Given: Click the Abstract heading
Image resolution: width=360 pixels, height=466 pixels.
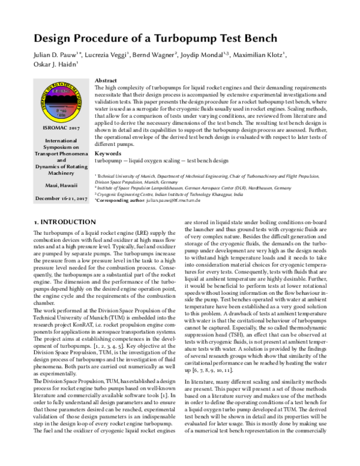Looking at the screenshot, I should point(107,80).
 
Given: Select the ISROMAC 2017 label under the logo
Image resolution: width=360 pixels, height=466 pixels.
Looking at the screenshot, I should point(62,128).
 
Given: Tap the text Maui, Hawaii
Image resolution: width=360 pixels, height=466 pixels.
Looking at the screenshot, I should point(62,185).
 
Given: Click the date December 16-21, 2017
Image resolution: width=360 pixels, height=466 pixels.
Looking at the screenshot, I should point(62,198).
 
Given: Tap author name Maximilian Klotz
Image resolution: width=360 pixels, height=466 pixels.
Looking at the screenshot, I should point(259,56).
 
